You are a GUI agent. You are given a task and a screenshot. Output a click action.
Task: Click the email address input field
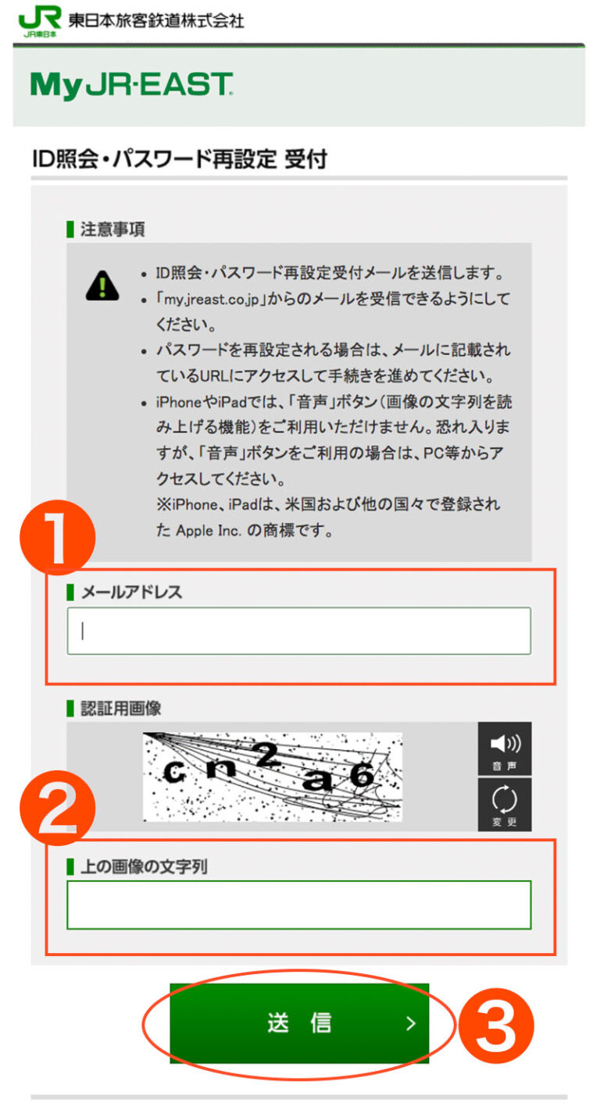pyautogui.click(x=298, y=631)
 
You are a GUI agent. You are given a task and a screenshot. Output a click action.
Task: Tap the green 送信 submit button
pyautogui.click(x=299, y=1022)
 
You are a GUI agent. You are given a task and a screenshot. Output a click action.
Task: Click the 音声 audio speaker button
pyautogui.click(x=504, y=748)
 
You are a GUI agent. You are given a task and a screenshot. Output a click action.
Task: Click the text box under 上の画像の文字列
pyautogui.click(x=298, y=905)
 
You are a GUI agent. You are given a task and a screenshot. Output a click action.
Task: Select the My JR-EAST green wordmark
pyautogui.click(x=131, y=86)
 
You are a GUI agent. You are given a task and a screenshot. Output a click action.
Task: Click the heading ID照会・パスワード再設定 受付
pyautogui.click(x=180, y=160)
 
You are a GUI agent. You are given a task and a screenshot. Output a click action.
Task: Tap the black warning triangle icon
pyautogui.click(x=102, y=286)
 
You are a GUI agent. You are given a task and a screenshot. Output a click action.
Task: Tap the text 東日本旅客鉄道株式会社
pyautogui.click(x=156, y=20)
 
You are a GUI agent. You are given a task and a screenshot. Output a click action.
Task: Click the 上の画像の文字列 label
pyautogui.click(x=144, y=866)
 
